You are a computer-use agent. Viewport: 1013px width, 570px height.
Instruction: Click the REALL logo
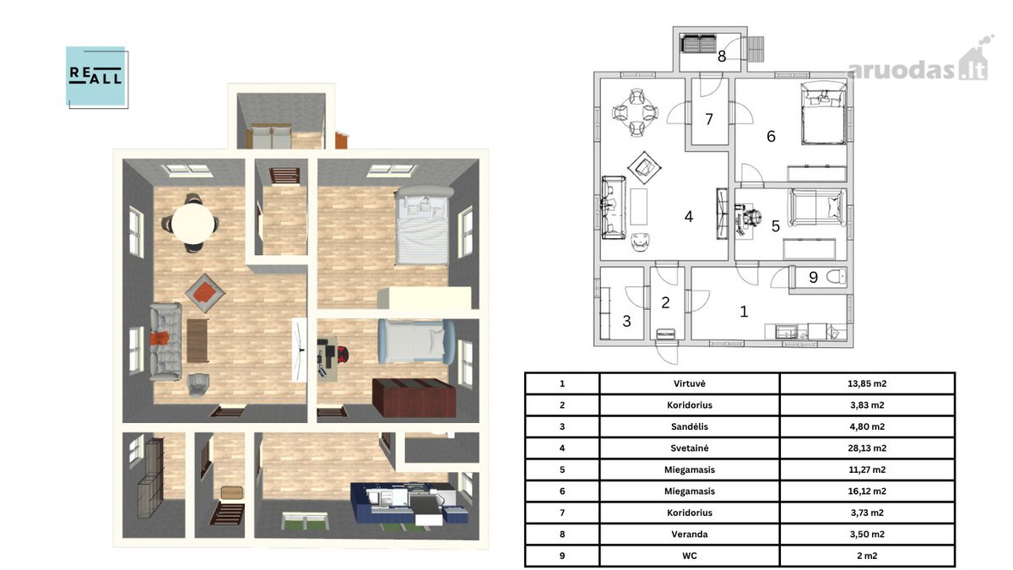point(97,78)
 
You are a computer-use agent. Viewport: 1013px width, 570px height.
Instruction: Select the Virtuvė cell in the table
point(689,383)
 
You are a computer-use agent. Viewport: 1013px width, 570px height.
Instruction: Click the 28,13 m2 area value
point(867,448)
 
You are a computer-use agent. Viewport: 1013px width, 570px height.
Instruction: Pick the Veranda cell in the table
point(689,535)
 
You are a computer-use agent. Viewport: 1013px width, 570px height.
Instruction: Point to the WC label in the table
point(689,556)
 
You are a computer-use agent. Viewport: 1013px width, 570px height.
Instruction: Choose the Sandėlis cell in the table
point(689,426)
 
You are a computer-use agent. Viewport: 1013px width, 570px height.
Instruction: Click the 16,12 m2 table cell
point(867,491)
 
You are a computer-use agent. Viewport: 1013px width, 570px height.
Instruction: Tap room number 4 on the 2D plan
point(689,217)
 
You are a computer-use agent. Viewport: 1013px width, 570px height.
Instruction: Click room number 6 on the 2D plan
point(771,136)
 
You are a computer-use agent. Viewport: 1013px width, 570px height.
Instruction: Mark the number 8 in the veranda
point(722,57)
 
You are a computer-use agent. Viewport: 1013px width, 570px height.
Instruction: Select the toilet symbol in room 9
point(836,276)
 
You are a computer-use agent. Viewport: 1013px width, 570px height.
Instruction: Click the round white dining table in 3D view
point(193,224)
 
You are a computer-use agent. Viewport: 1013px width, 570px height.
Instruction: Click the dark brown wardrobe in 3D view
point(414,397)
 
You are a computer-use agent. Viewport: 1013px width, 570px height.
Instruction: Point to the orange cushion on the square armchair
point(205,292)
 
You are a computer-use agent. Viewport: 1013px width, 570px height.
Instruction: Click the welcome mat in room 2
point(665,334)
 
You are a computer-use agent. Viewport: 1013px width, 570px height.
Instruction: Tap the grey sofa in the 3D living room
point(165,341)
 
